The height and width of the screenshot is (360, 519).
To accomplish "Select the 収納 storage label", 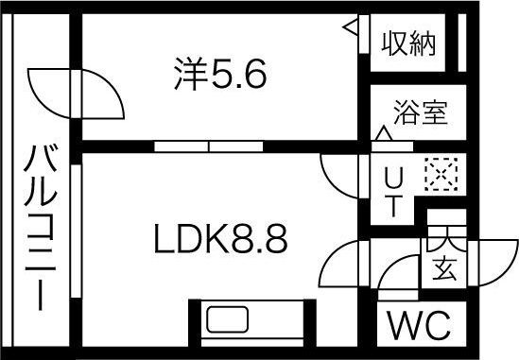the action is (x=409, y=43).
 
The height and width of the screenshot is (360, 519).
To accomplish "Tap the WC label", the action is (x=418, y=328).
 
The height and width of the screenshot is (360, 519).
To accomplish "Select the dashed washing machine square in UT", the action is (x=439, y=175).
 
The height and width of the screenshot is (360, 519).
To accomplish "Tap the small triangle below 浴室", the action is (x=384, y=135).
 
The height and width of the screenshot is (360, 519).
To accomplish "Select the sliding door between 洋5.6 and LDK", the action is (x=209, y=146).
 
